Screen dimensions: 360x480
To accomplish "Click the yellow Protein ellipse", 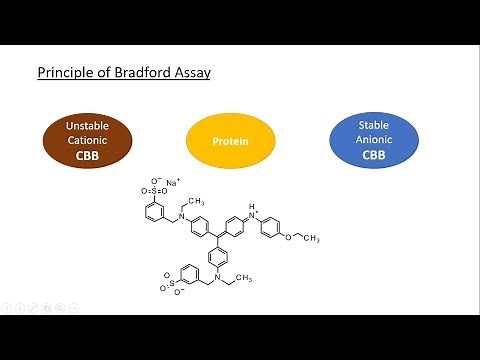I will [230, 141].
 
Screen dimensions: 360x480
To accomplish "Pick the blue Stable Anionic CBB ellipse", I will [372, 140].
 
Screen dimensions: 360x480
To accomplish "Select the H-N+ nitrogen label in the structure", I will [254, 212].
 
